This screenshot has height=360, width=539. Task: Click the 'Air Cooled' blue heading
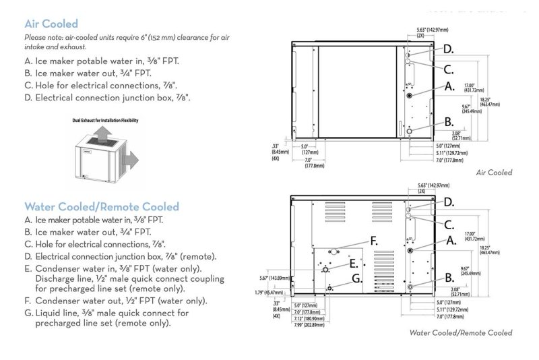tap(51, 24)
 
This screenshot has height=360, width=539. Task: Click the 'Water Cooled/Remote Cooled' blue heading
tap(102, 206)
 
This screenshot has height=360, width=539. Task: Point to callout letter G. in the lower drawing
tap(356, 278)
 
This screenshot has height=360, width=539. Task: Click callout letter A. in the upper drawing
tap(449, 86)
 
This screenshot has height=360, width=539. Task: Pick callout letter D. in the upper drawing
tap(448, 49)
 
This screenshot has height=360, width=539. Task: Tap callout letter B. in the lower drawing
tap(449, 278)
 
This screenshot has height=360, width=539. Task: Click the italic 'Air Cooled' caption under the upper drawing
tap(494, 173)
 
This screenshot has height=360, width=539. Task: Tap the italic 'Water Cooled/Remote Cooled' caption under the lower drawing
tap(460, 332)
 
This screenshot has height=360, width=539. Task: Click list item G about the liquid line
tap(107, 318)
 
